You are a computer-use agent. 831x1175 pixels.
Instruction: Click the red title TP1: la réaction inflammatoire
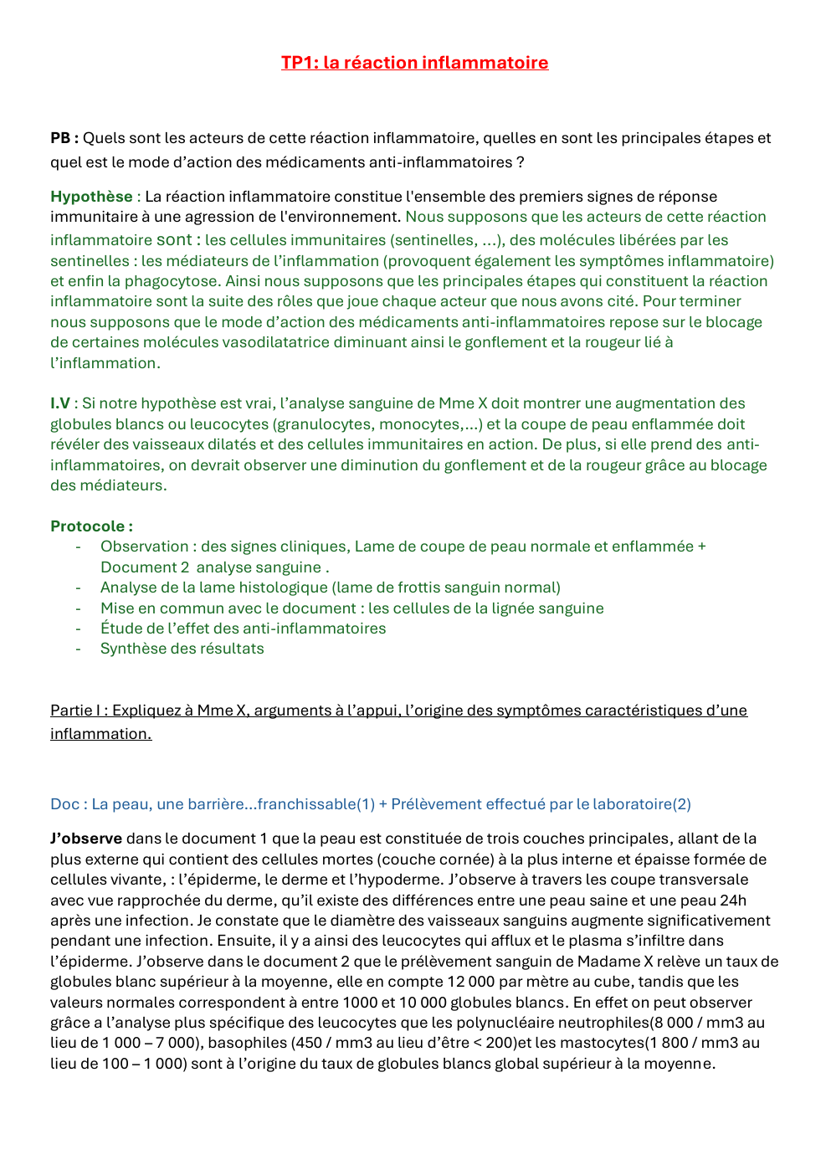pos(414,63)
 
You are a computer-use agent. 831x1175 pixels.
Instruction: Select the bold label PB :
pos(64,138)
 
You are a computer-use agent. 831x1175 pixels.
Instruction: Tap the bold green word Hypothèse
pos(91,197)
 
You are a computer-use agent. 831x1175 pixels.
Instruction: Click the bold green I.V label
pos(60,403)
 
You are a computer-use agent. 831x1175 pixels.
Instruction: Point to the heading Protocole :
pos(91,526)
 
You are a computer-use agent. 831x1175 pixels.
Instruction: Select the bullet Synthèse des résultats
pos(182,649)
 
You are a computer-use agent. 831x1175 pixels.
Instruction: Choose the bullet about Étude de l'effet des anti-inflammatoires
pos(243,629)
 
